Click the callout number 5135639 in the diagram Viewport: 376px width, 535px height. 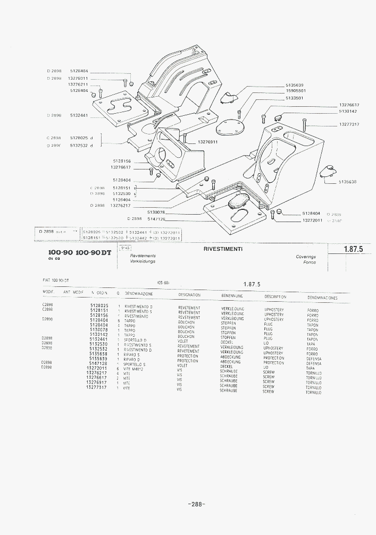294,85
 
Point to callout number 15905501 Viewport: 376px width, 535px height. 295,91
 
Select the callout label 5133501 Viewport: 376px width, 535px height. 294,98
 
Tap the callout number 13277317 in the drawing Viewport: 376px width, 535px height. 349,124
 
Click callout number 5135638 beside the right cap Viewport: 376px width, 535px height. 347,182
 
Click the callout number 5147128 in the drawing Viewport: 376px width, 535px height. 156,219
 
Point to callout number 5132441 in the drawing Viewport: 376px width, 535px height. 79,115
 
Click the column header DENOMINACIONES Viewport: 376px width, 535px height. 322,298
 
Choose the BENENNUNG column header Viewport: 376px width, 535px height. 232,295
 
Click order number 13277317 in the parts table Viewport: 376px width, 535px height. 96,387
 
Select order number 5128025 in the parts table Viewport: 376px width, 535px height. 99,305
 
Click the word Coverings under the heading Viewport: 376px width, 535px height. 306,257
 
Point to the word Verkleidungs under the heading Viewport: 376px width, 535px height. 143,261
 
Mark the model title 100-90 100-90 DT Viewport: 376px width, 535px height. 79,253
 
